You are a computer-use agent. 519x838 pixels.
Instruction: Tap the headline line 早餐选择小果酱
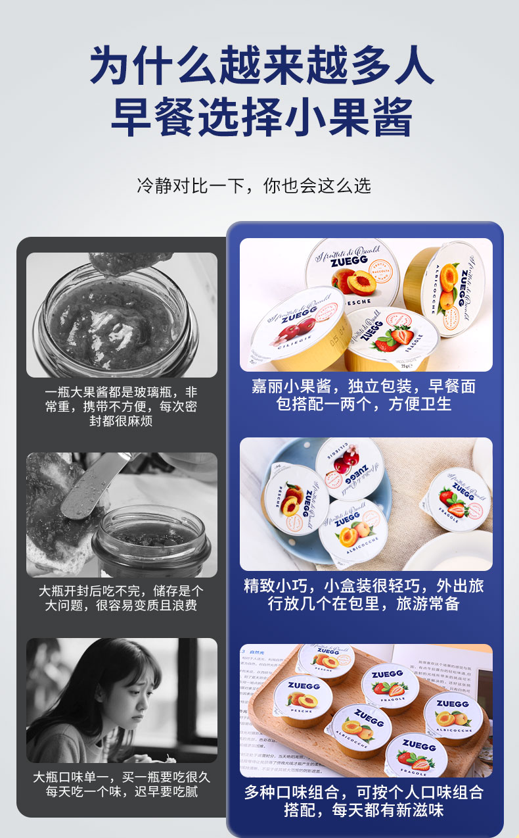tap(261, 117)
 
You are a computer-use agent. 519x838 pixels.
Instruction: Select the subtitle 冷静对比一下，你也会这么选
tap(254, 185)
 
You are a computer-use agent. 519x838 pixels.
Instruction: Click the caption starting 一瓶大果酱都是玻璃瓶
tap(121, 406)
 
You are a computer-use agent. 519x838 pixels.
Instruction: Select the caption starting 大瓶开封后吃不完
tap(121, 598)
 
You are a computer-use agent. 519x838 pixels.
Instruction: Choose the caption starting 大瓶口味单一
tap(121, 784)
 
